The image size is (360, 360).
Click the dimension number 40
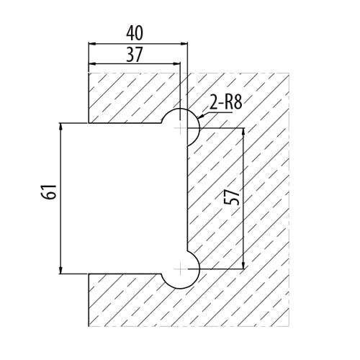pos(135,33)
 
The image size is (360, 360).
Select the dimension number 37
pos(135,55)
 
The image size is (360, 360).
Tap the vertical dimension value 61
pos(49,192)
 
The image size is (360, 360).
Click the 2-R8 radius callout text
pos(225,102)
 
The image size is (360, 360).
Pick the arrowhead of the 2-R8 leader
pos(201,117)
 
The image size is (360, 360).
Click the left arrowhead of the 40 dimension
pos(92,44)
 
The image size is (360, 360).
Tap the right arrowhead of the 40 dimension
pos(184,44)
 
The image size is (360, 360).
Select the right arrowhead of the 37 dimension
pos(176,64)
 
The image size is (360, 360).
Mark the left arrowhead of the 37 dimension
pos(92,64)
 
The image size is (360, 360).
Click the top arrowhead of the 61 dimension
pos(61,127)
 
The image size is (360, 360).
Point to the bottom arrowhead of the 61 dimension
pos(61,270)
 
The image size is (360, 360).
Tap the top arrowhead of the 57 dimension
pos(243,132)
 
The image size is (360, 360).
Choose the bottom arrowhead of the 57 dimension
pos(243,265)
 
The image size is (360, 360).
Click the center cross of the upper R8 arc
pos(180,128)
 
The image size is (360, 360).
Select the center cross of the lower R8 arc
pos(180,269)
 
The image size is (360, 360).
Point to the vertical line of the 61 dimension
pos(61,198)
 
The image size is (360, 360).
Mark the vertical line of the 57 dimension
pos(243,199)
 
